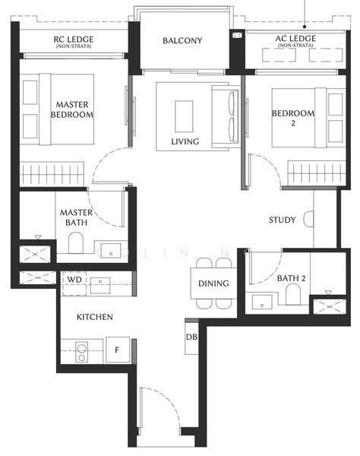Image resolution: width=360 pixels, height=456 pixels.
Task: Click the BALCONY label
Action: [182, 40]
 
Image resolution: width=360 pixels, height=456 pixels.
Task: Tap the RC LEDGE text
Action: [74, 40]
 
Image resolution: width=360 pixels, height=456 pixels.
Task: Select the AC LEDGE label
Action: [295, 39]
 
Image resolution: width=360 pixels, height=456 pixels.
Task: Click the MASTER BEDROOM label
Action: [72, 109]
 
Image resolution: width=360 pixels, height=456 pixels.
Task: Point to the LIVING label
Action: [185, 141]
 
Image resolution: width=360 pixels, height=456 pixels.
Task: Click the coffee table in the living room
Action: [184, 116]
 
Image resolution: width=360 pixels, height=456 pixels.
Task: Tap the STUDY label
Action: [282, 220]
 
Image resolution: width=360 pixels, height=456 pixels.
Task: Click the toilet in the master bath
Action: [76, 243]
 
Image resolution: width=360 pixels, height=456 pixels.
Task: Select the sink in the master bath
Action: [110, 251]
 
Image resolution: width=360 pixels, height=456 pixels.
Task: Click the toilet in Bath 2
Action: [293, 294]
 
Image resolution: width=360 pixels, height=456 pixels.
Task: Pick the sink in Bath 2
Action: [262, 302]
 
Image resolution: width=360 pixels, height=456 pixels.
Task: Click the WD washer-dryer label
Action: [74, 280]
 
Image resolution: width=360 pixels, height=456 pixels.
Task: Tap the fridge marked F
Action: [118, 350]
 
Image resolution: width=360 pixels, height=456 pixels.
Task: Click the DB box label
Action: [191, 337]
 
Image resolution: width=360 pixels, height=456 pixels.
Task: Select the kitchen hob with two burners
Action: [82, 352]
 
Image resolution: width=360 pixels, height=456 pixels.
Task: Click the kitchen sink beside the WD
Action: [100, 285]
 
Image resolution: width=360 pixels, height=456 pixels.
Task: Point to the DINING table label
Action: [213, 283]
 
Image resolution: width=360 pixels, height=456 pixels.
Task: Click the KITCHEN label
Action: [95, 317]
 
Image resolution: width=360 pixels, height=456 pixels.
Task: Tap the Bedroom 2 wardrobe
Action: [317, 173]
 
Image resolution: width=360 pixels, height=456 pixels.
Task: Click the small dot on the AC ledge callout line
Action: [305, 27]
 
